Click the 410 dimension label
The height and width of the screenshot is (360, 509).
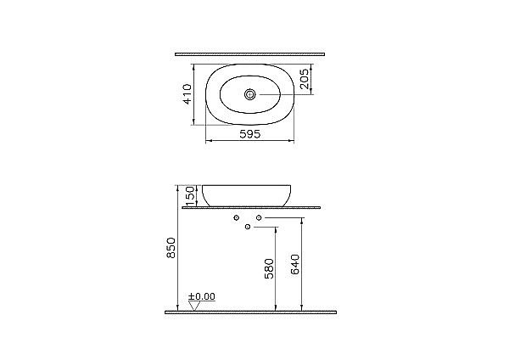[187, 94]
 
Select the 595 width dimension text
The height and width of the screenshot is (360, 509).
[250, 134]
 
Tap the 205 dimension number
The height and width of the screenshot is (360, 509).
[305, 79]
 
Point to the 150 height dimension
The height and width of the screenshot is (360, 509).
[191, 195]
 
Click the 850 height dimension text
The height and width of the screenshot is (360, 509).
[171, 248]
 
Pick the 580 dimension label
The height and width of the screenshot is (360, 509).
[270, 268]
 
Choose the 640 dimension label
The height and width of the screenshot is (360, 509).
[295, 264]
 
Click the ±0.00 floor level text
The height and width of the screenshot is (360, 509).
[202, 296]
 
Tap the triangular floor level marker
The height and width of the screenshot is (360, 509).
[194, 306]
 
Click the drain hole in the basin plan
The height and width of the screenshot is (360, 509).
[250, 94]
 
